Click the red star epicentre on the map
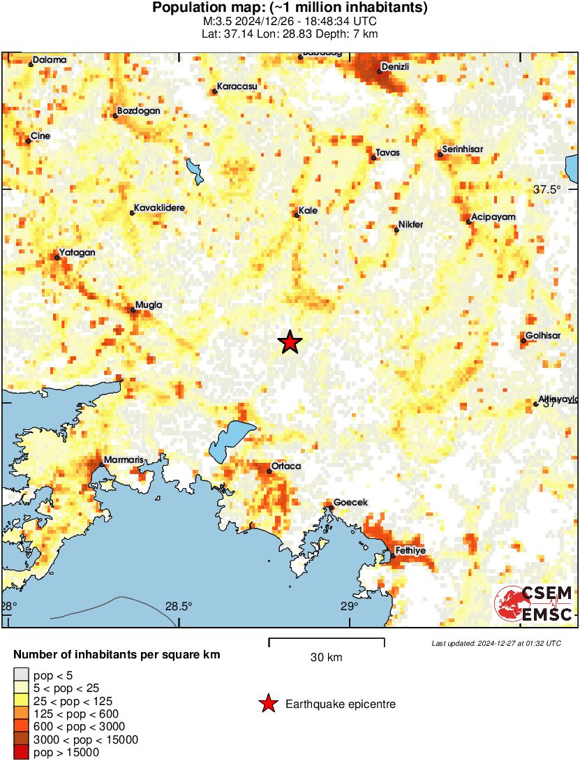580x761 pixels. [290, 342]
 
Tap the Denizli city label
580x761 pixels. [394, 67]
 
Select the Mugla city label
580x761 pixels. [147, 305]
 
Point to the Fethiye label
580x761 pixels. [410, 551]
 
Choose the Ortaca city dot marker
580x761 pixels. [269, 471]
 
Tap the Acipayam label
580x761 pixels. [493, 217]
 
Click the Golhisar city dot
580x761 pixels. [523, 341]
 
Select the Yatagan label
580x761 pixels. [77, 252]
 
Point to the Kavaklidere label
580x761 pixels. [160, 208]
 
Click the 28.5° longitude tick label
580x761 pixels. [179, 606]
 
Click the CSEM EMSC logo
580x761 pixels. [534, 604]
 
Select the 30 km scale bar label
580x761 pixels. [326, 657]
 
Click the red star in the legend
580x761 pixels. [267, 704]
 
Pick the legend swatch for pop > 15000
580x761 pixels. [22, 752]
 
